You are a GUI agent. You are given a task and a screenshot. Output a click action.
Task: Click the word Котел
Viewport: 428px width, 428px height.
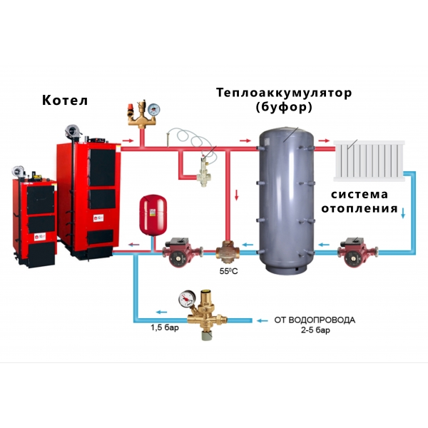click(x=65, y=100)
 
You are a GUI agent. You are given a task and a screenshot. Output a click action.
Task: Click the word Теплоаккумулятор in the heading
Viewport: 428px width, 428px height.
click(x=284, y=93)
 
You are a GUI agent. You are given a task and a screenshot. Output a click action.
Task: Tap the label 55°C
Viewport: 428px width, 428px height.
click(x=229, y=271)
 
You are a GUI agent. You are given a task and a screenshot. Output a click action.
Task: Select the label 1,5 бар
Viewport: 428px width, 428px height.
click(x=165, y=327)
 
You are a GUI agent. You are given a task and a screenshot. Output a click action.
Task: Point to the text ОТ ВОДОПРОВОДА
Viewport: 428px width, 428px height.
click(x=315, y=320)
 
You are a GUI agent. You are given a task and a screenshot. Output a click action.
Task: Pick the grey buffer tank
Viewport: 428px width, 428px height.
click(x=286, y=200)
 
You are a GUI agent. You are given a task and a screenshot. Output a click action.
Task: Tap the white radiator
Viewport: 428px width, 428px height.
click(x=369, y=160)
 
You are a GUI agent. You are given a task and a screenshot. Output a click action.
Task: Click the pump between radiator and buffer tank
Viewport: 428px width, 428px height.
click(x=357, y=253)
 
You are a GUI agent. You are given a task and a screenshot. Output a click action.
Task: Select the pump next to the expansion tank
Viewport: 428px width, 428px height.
click(x=182, y=253)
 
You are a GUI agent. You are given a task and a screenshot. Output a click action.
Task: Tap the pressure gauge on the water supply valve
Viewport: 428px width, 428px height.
click(x=187, y=299)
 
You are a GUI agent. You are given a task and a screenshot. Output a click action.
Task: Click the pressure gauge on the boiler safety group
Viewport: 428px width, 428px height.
click(x=153, y=109)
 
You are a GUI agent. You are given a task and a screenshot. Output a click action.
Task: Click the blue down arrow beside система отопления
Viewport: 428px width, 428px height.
click(x=403, y=213)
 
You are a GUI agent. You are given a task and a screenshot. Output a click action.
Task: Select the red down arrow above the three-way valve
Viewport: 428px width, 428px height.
click(x=237, y=195)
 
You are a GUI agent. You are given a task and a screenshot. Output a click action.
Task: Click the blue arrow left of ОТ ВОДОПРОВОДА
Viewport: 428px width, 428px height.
click(x=263, y=320)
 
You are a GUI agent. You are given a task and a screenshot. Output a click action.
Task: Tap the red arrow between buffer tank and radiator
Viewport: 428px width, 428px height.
click(x=325, y=141)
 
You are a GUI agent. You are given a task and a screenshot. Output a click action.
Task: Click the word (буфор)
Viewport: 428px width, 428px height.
click(x=284, y=107)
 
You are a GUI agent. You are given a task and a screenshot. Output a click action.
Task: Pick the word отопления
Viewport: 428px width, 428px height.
click(x=360, y=209)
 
